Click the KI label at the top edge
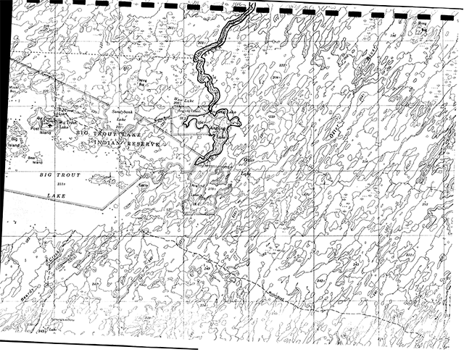pos(251,7)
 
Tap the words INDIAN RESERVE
pos(127,145)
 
